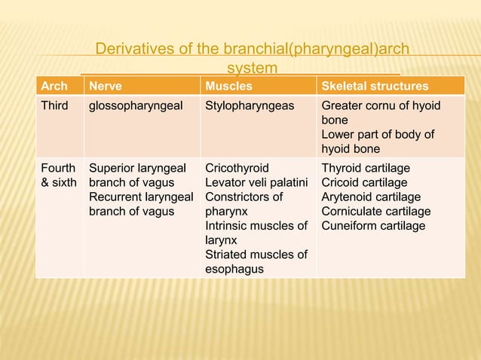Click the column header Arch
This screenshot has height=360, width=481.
click(x=53, y=86)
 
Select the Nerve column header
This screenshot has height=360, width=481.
click(x=106, y=86)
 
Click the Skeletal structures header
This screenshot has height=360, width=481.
click(x=375, y=86)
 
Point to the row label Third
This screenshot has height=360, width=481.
click(x=54, y=105)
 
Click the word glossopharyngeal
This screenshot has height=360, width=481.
click(x=136, y=105)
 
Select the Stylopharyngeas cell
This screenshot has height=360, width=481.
click(x=250, y=105)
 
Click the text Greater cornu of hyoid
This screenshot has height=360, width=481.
click(x=381, y=105)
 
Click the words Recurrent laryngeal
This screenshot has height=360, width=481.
click(x=141, y=197)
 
